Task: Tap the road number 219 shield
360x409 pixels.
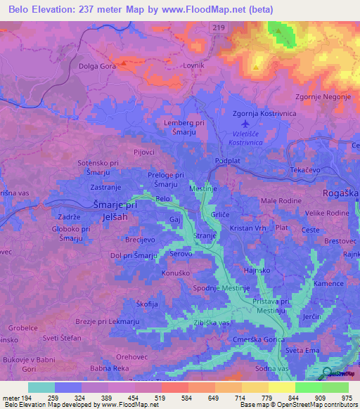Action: point(220,27)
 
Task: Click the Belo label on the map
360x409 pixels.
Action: point(163,200)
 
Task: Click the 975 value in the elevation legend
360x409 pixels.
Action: point(348,398)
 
